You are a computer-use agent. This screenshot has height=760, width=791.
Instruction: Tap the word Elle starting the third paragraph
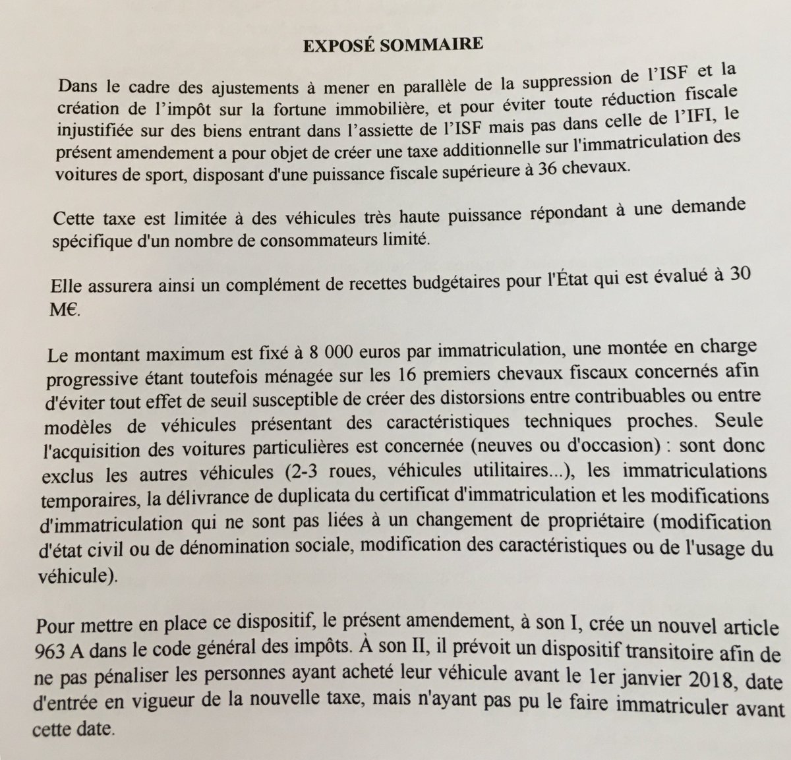pyautogui.click(x=67, y=288)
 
